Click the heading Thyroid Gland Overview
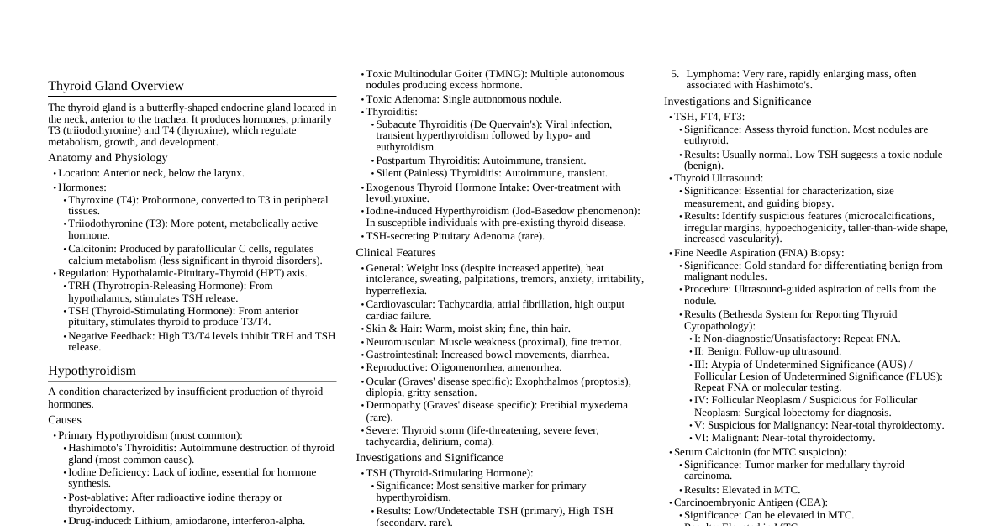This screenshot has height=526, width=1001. click(116, 86)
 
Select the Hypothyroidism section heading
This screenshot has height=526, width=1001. click(92, 371)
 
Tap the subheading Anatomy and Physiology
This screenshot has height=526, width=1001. click(108, 158)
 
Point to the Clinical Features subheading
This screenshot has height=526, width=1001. click(396, 253)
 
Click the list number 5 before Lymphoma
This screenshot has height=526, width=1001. click(675, 74)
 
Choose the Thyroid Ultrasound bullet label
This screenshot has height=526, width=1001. click(719, 178)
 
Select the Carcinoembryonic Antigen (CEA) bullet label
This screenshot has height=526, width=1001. click(751, 502)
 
